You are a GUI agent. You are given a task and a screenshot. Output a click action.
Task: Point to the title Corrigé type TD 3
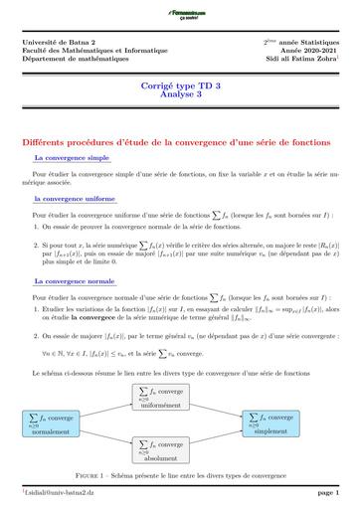pos(179,88)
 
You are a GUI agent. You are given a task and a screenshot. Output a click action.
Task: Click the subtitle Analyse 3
pos(179,98)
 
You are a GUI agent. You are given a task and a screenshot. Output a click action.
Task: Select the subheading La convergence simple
pos(72,157)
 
